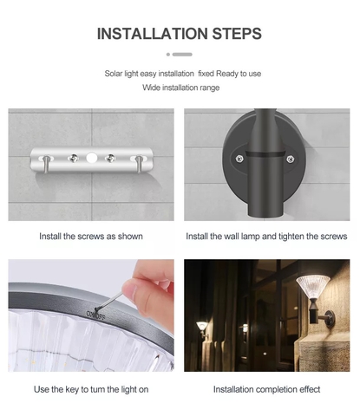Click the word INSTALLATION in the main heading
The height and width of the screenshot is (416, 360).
tap(153, 34)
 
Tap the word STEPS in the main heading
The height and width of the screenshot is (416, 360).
tap(237, 34)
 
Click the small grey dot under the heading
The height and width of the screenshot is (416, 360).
tap(168, 55)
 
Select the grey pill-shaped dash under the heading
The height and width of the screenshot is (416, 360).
tap(182, 55)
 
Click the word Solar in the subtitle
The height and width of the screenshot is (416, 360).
tap(114, 74)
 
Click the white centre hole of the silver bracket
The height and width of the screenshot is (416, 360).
tap(91, 158)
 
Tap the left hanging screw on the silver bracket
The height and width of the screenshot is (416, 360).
tap(46, 164)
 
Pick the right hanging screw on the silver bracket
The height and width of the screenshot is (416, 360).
tap(139, 164)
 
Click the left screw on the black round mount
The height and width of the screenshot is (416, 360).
tap(239, 159)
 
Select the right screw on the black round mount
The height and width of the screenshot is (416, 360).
tap(291, 159)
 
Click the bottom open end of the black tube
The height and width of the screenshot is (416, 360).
tap(265, 214)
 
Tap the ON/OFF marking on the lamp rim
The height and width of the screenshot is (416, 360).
tap(96, 315)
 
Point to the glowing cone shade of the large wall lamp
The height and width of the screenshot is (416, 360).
tap(313, 286)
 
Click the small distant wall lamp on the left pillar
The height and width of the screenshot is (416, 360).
tap(202, 328)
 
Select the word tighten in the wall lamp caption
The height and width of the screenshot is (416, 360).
tap(291, 237)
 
